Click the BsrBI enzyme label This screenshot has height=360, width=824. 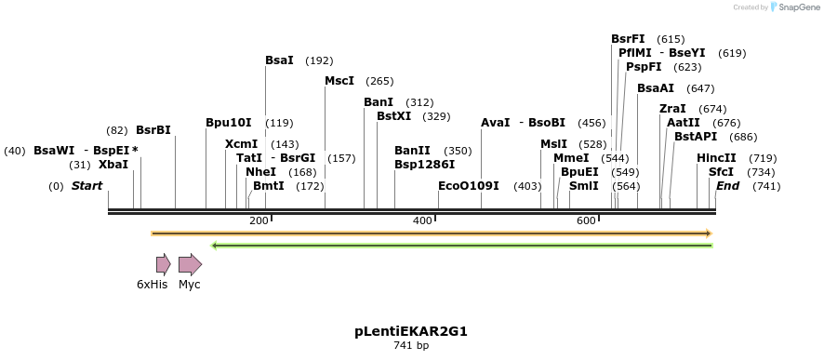pos(153,130)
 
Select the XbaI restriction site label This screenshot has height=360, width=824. pos(113,165)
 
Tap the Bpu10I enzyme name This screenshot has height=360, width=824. pos(229,123)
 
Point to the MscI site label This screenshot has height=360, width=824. pos(339,81)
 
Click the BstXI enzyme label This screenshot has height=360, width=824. pos(393,116)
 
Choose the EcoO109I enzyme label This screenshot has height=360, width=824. pos(469,186)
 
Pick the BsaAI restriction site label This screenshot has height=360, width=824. pos(656,88)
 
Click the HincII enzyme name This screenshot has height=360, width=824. pos(716,158)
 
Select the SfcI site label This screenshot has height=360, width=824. pos(721,172)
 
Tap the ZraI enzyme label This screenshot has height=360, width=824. pos(672,109)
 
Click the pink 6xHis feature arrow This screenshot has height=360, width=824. pos(163,264)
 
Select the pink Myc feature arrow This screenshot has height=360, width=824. pos(190,264)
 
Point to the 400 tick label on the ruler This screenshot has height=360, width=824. pos(422,220)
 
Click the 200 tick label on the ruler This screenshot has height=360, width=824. pos(259,220)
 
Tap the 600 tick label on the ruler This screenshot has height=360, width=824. pos(586,220)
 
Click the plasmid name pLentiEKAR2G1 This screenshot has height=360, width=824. pos(410,331)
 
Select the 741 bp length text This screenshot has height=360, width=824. pos(410,346)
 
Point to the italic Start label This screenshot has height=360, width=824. pos(86,186)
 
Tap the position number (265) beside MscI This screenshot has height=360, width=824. pos(379,82)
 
